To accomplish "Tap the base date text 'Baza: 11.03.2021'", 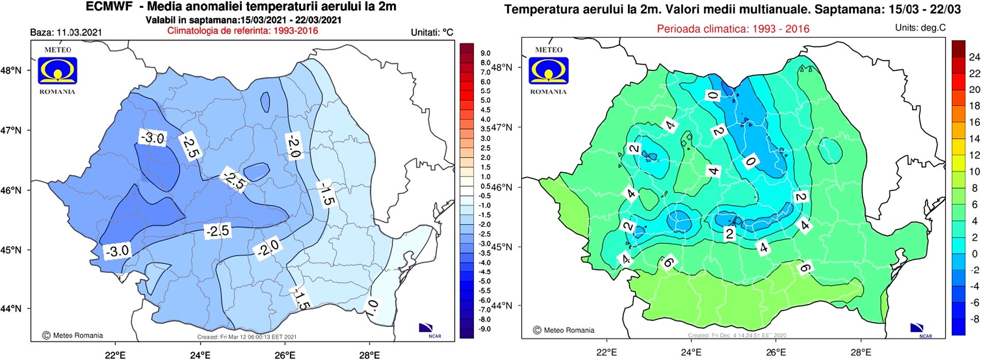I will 66,32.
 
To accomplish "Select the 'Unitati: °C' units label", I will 432,32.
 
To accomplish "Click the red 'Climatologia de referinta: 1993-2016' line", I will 242,30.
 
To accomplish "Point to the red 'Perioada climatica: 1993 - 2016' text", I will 733,29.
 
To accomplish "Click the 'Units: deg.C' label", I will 920,28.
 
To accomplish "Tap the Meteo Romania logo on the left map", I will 57,71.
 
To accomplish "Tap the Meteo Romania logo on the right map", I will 548,71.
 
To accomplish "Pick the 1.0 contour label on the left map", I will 372,308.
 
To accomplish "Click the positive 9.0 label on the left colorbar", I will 485,53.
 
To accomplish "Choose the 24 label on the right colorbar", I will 974,57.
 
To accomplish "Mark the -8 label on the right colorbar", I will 974,319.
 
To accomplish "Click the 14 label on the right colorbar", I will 974,138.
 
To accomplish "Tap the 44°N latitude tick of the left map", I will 11,309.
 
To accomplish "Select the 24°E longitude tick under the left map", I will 200,354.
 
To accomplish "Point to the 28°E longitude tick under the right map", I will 861,352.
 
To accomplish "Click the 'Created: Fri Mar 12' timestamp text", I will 246,337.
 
